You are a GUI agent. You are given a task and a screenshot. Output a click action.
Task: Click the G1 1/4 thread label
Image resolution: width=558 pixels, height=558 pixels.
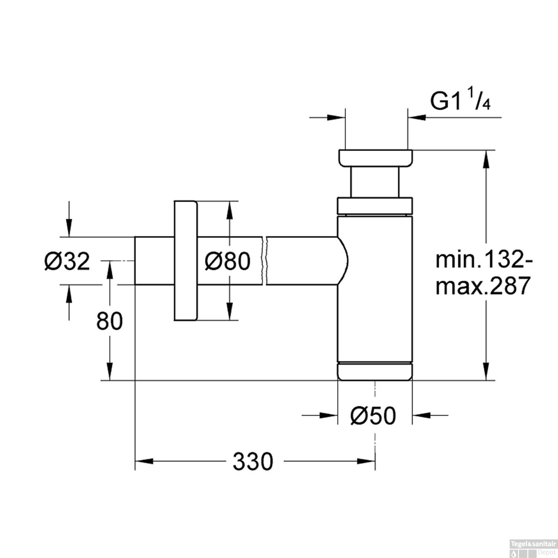tap(460, 101)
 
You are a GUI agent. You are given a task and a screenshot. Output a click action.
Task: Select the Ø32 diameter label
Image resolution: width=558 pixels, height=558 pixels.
tap(67, 261)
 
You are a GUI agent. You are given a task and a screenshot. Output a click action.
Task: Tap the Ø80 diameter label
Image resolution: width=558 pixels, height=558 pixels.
tap(227, 261)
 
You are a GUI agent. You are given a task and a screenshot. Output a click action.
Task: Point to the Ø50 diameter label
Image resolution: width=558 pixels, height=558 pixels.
tap(373, 416)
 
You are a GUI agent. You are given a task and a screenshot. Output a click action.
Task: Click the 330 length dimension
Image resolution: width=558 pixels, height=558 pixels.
tap(253, 462)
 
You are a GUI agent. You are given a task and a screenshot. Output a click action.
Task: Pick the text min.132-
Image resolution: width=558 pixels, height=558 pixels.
tap(484, 259)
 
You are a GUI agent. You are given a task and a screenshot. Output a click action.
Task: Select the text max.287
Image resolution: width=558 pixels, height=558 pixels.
tap(482, 286)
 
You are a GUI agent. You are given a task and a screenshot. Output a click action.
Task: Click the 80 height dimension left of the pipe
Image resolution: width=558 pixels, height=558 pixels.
tap(109, 321)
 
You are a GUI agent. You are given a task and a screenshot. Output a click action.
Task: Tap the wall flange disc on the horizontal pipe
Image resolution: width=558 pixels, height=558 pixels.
tap(185, 260)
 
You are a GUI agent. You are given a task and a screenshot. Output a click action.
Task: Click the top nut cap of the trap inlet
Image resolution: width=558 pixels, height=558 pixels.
tap(375, 158)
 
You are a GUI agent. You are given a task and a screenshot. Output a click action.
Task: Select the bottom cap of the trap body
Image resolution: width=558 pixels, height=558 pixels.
tap(375, 372)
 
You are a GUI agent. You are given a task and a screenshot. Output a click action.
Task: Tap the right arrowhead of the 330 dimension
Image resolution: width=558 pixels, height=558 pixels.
tap(366, 462)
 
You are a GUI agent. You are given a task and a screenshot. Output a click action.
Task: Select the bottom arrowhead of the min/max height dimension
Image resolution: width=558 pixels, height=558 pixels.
tap(485, 371)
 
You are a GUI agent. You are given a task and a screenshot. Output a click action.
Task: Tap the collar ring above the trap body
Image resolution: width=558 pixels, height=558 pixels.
tap(375, 206)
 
